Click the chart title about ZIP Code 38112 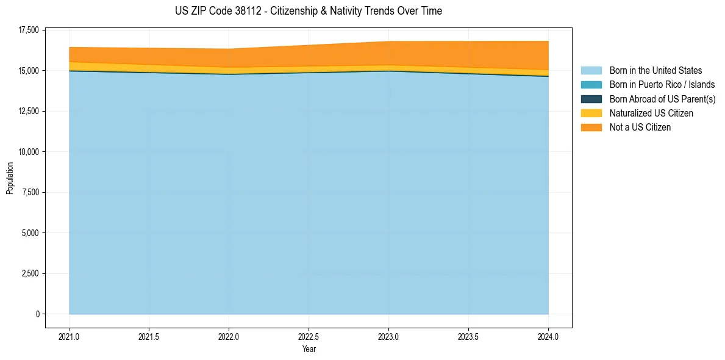click(308, 11)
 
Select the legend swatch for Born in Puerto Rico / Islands click(591, 85)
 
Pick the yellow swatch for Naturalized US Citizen click(591, 113)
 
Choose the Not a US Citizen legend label click(640, 127)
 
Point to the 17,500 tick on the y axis click(29, 30)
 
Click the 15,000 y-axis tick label click(29, 71)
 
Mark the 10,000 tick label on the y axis click(29, 152)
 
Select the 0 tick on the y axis click(37, 314)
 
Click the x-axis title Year click(309, 349)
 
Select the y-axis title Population click(10, 178)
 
